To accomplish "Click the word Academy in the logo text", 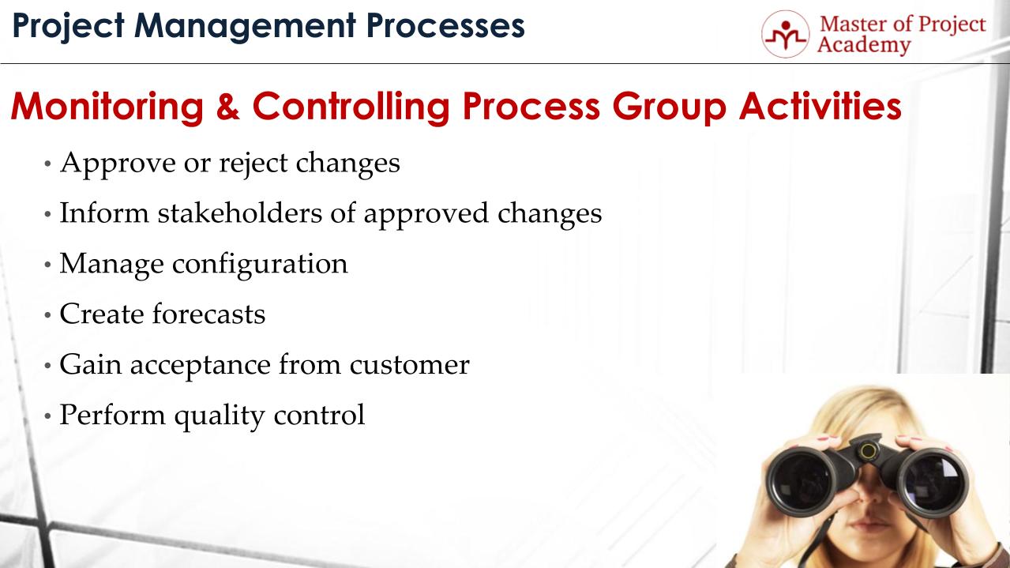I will point(864,45).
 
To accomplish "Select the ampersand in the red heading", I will point(226,107).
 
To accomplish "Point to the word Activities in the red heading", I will point(820,107).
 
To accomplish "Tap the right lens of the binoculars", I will point(933,479).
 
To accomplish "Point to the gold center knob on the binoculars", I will point(869,452).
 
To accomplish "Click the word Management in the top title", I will point(236,26).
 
